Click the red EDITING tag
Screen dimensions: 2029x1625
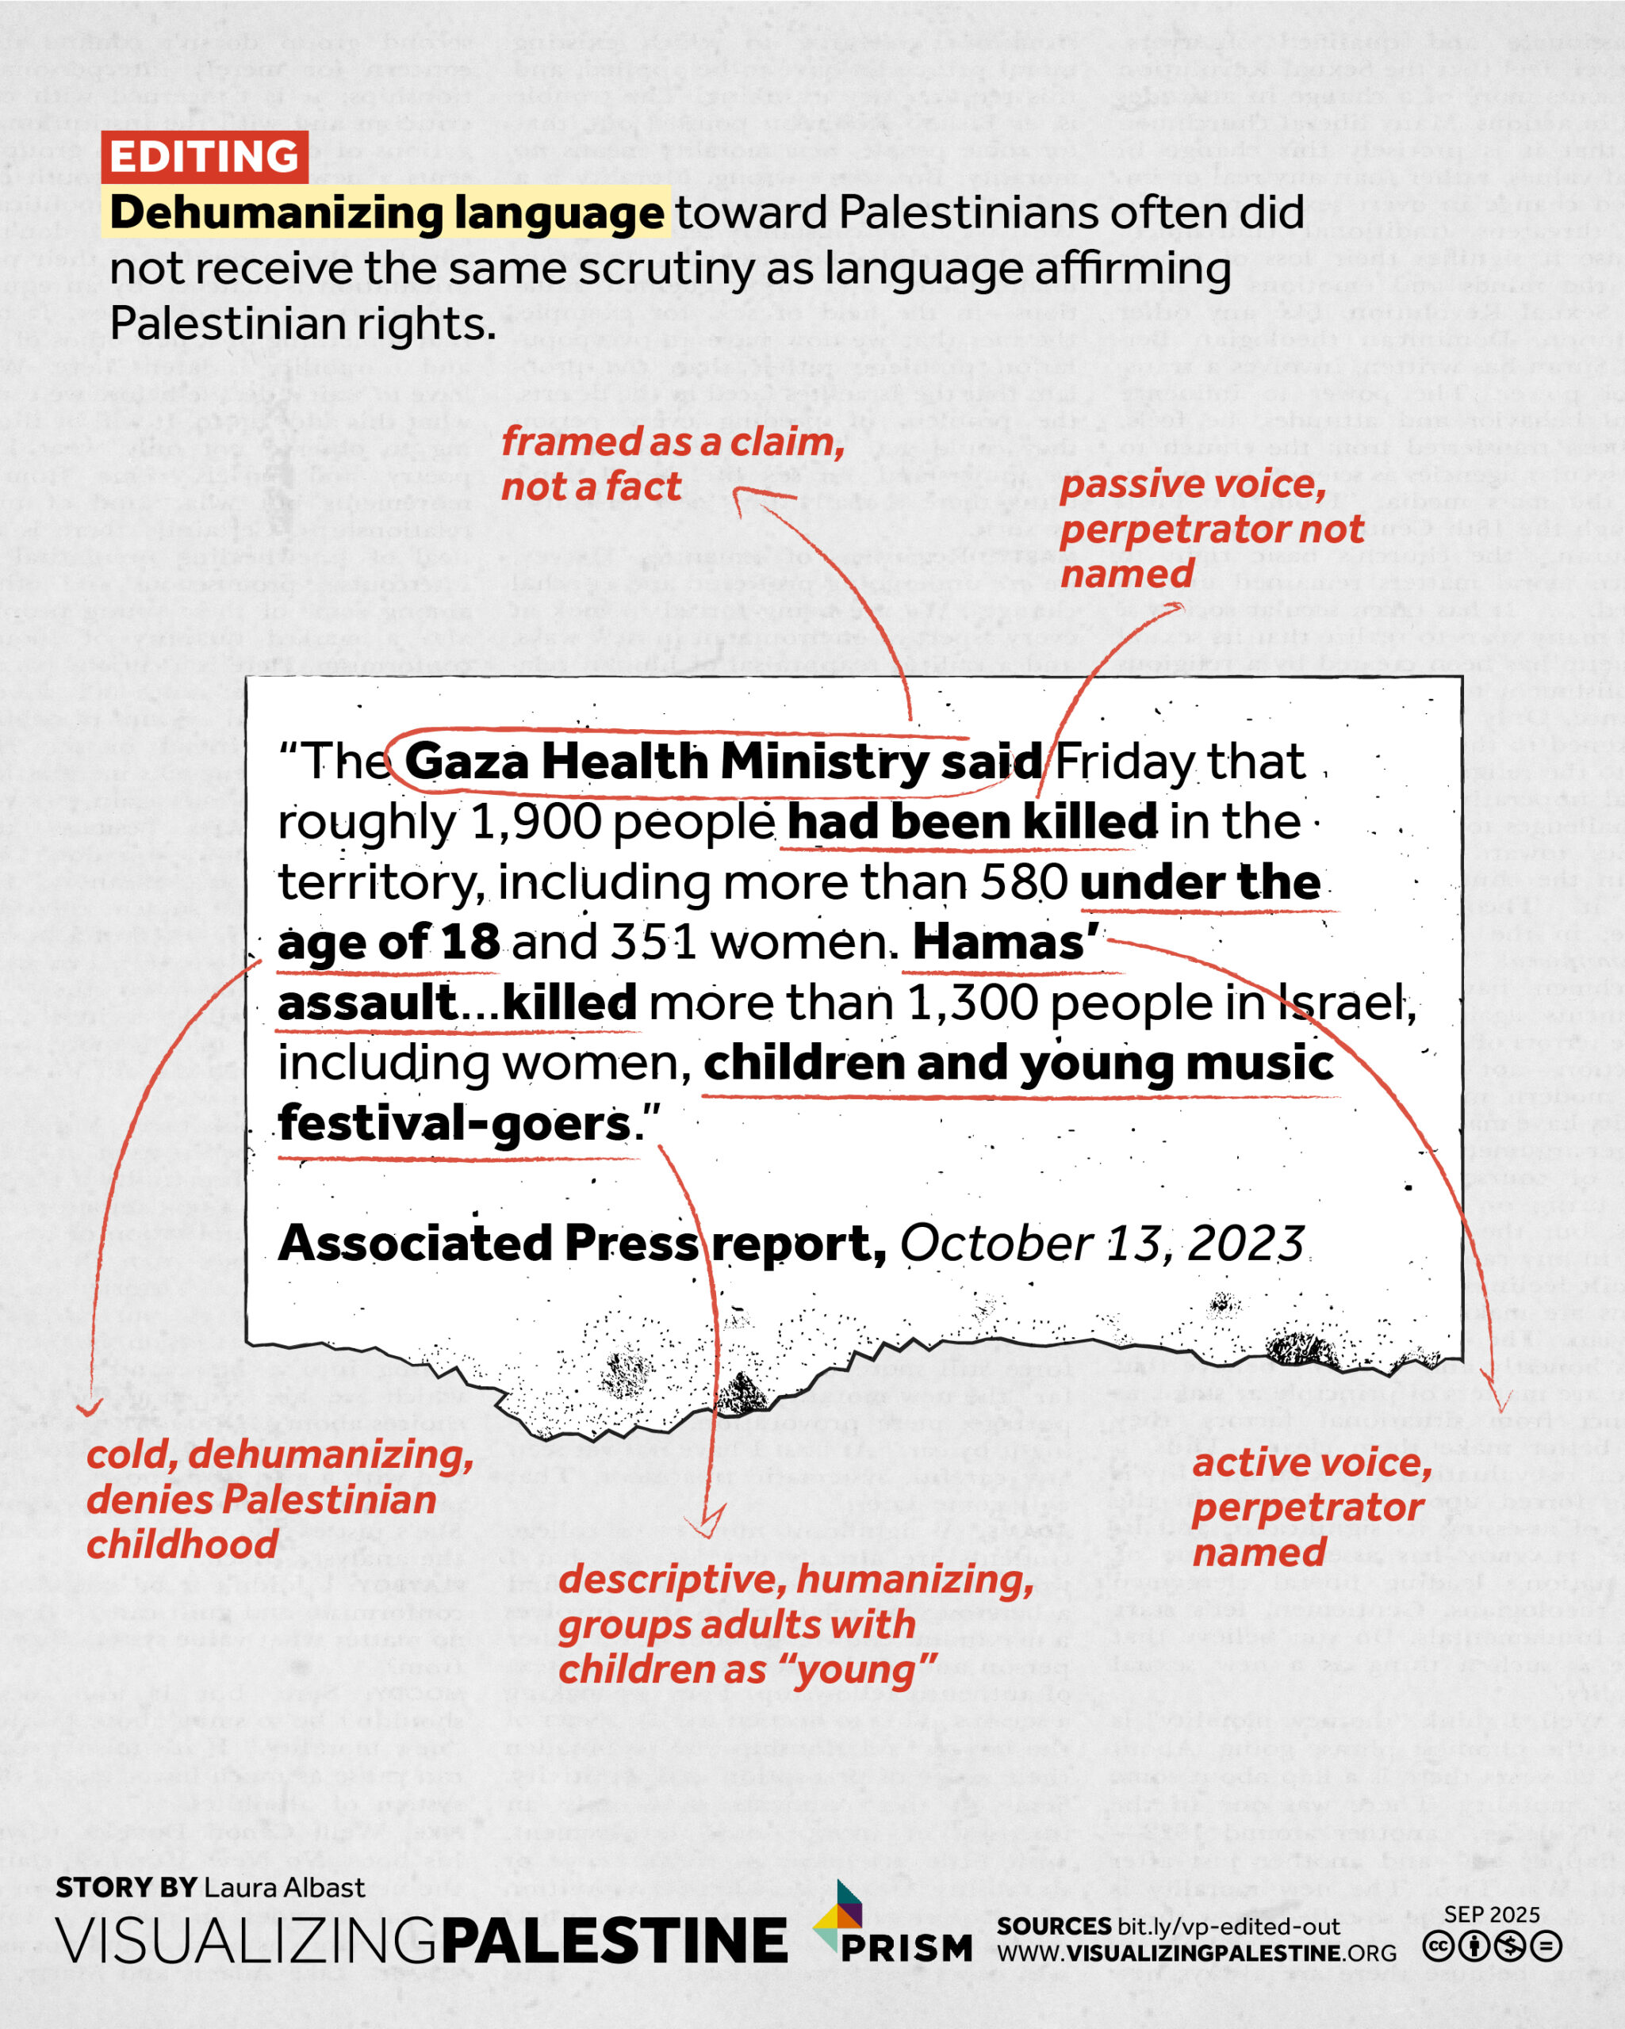[205, 156]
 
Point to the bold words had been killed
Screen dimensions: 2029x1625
[972, 823]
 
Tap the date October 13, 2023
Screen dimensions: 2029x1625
[1102, 1244]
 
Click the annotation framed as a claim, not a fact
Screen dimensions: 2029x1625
[673, 464]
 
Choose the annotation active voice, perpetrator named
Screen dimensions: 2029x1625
[1310, 1507]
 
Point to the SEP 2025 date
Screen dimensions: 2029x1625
[1491, 1914]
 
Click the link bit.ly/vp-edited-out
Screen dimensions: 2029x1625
[1228, 1925]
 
